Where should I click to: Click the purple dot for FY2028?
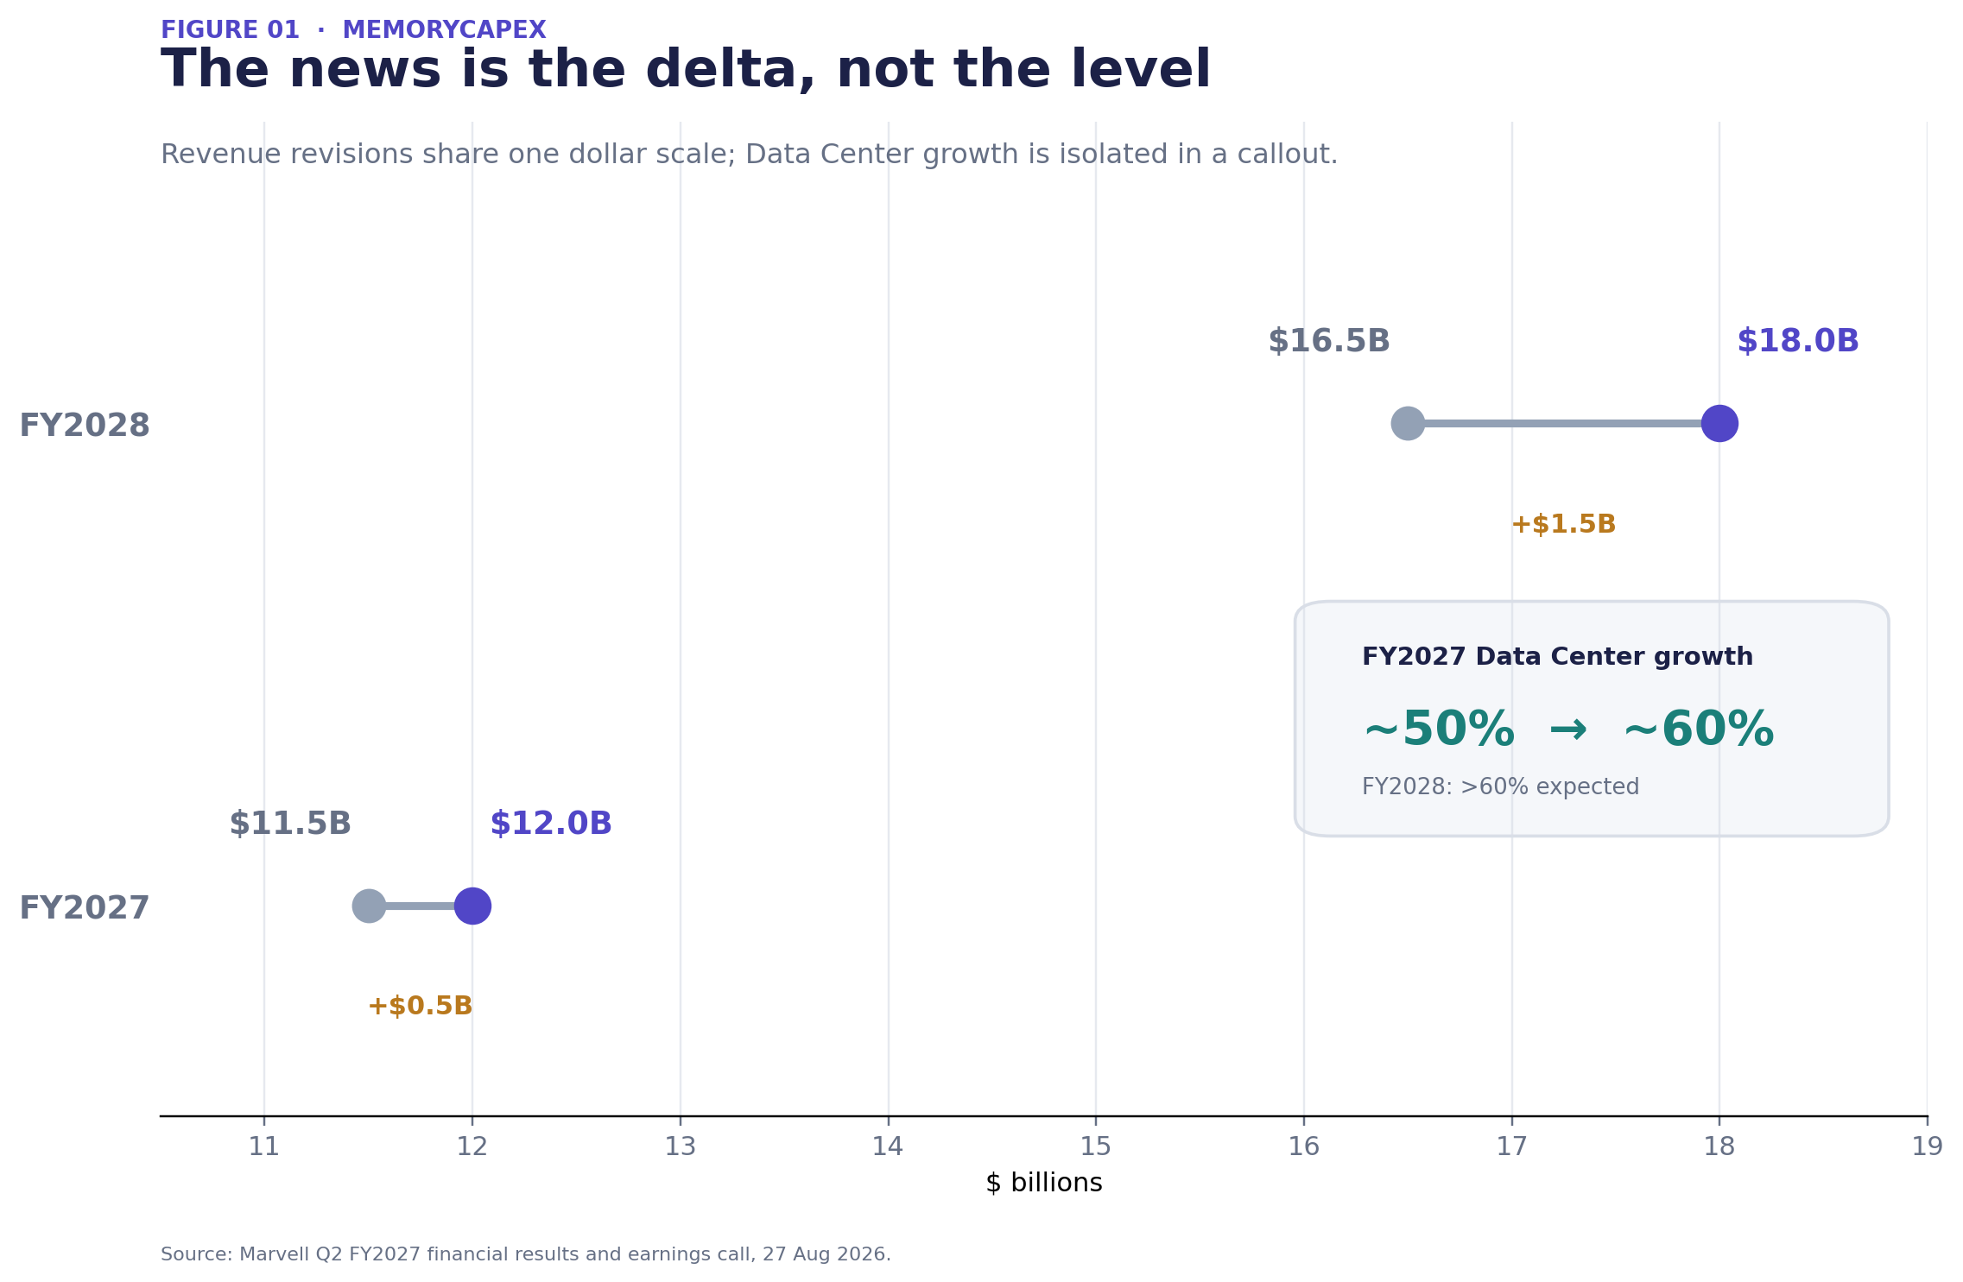[1719, 423]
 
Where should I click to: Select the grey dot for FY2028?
[1408, 423]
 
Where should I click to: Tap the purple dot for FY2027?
[472, 906]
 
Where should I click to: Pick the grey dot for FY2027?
[369, 906]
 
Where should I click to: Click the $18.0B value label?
[1797, 341]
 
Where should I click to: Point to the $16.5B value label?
[1328, 341]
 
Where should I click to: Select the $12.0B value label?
[550, 824]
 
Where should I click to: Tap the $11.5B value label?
[289, 824]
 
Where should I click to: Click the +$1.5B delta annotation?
[1563, 524]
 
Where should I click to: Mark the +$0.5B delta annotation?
[421, 1006]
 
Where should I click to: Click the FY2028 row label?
[85, 426]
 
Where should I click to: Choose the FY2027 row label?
[85, 908]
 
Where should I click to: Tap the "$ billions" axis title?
[1043, 1183]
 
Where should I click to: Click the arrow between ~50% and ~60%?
[1568, 730]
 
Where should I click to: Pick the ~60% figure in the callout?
[1698, 730]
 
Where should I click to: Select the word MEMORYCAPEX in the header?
[444, 30]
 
